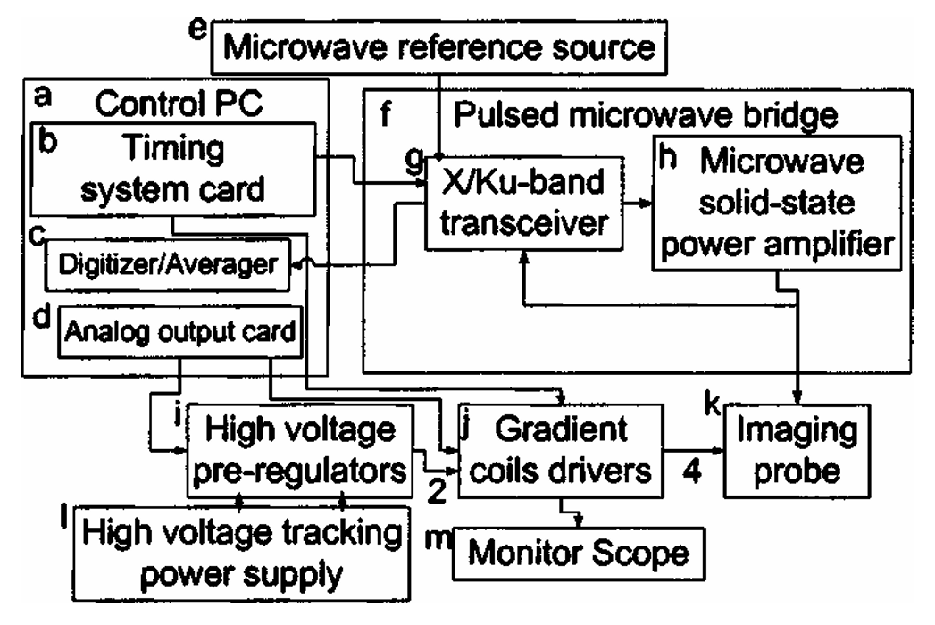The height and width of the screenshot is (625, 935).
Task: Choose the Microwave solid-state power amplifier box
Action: click(775, 202)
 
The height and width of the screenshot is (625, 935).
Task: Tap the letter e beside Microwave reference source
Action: click(197, 27)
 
